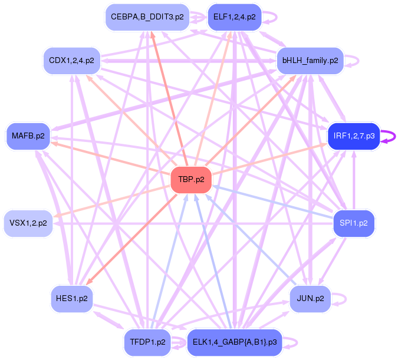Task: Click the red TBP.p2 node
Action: tap(191, 180)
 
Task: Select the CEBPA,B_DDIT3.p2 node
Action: tap(147, 17)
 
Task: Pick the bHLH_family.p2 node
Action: tap(310, 61)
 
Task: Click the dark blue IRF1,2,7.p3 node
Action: tap(353, 136)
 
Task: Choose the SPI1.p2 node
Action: tap(354, 223)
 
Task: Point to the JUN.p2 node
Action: tap(310, 299)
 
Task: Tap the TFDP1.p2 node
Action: tap(147, 342)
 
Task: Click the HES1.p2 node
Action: tap(72, 299)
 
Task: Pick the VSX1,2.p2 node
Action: tap(28, 223)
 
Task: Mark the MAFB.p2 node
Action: tap(28, 136)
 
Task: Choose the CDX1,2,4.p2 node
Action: tap(71, 61)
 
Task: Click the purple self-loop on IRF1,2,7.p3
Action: tap(389, 136)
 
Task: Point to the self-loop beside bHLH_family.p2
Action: tap(353, 61)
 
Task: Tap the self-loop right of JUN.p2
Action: tap(340, 299)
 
